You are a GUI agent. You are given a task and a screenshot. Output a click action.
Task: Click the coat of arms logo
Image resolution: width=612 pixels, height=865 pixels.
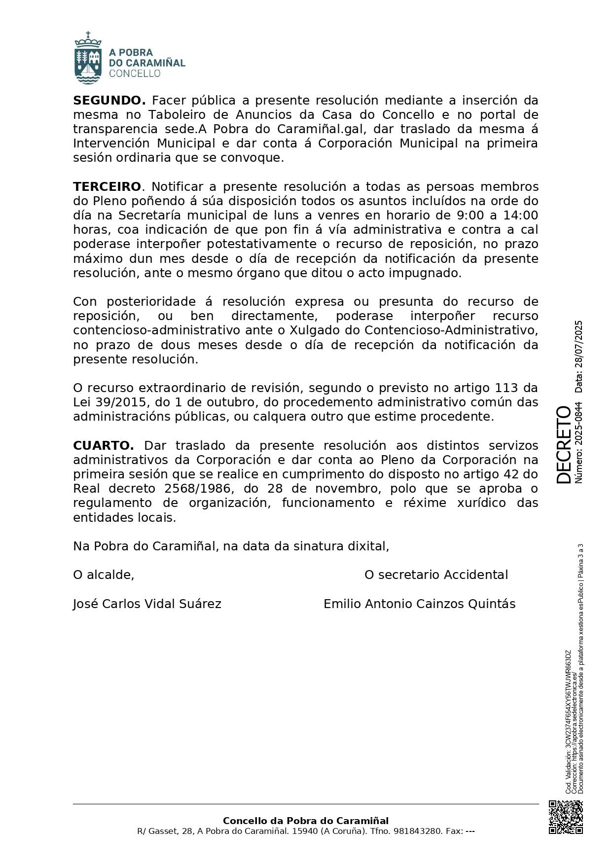[x=88, y=58]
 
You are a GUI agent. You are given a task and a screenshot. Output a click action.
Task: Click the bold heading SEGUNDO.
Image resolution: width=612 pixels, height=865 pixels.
[x=109, y=101]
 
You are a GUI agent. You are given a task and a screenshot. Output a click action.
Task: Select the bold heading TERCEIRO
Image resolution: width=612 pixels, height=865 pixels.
[x=107, y=187]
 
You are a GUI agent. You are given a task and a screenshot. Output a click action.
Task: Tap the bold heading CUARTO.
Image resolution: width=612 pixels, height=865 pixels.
[x=103, y=446]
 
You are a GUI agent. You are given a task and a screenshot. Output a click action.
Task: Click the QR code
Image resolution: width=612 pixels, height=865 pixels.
[x=566, y=817]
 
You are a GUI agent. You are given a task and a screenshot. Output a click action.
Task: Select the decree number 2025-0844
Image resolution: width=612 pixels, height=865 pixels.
[x=579, y=425]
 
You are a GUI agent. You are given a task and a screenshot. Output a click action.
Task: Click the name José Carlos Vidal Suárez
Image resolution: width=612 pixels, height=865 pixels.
[x=147, y=604]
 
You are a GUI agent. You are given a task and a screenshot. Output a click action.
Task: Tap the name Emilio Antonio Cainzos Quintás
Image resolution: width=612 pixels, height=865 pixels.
[x=419, y=604]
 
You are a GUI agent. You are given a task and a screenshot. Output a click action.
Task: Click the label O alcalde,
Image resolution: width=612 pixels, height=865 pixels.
[x=104, y=575]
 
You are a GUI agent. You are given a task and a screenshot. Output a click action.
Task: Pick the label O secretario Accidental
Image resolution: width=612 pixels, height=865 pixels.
[x=436, y=575]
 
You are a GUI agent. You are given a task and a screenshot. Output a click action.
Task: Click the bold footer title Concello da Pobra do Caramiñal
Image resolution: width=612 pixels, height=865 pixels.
[x=306, y=821]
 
